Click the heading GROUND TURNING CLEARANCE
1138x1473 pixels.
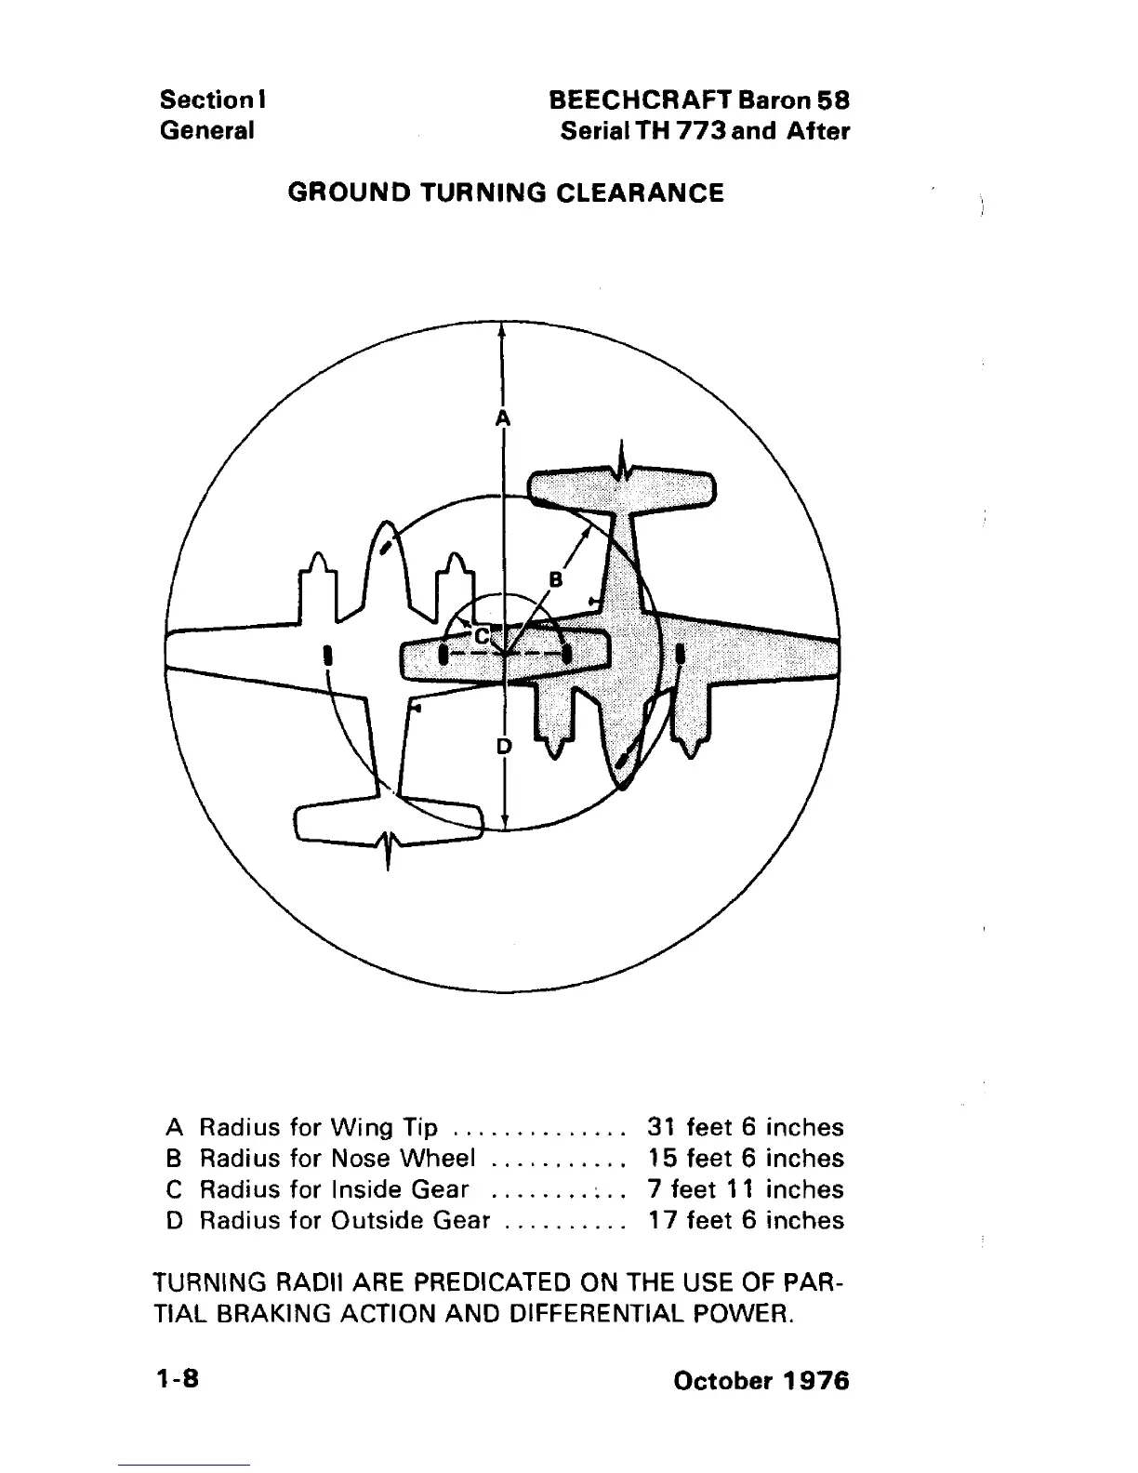click(x=506, y=193)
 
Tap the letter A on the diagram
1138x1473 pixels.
click(x=502, y=418)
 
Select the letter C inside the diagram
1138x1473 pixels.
click(x=482, y=636)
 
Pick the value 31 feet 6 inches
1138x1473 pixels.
click(x=745, y=1128)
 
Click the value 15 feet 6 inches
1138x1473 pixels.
click(x=745, y=1159)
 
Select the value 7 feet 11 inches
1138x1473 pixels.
click(x=745, y=1189)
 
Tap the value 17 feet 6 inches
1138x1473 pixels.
click(x=745, y=1220)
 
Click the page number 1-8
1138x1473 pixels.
click(x=177, y=1379)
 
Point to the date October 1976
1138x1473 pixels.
click(x=761, y=1380)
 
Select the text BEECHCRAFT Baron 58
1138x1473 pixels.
click(x=699, y=100)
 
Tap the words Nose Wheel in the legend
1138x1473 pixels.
click(x=403, y=1159)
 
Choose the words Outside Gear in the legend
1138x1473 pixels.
click(x=410, y=1220)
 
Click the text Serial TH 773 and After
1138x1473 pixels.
click(x=705, y=131)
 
